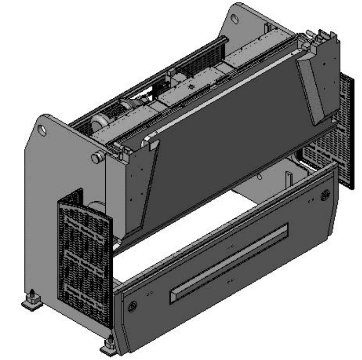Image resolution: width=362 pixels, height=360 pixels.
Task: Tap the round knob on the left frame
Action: (x=97, y=158)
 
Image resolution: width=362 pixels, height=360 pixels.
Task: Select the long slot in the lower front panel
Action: (x=229, y=264)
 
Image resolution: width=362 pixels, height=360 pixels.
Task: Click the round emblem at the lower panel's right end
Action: (x=325, y=195)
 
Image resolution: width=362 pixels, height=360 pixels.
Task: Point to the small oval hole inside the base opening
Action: (x=259, y=177)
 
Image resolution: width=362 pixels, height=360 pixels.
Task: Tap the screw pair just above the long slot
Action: (x=231, y=247)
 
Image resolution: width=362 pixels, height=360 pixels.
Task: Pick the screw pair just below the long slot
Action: (x=229, y=282)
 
